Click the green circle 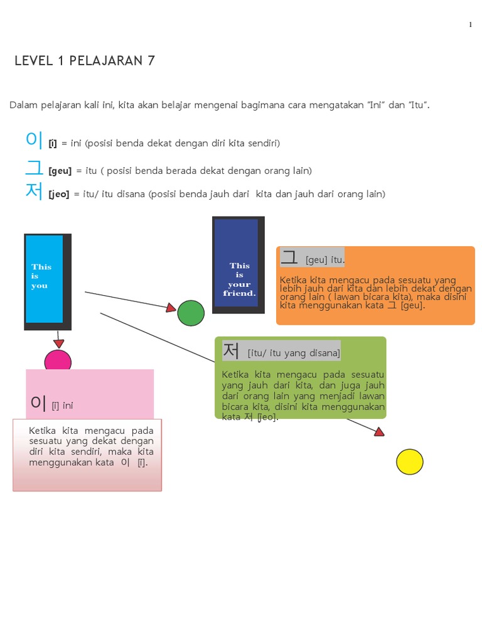191,313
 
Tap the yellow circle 409,462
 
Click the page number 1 470,24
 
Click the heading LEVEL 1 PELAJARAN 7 85,61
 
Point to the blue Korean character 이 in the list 34,141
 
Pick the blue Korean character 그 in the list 34,168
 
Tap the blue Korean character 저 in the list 34,192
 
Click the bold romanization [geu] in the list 60,171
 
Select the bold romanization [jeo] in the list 59,195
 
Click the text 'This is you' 41,276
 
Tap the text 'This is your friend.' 239,279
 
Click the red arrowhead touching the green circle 171,308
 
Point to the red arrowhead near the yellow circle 378,431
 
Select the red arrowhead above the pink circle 58,343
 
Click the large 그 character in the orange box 289,257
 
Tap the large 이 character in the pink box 39,403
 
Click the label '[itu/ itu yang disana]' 294,353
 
